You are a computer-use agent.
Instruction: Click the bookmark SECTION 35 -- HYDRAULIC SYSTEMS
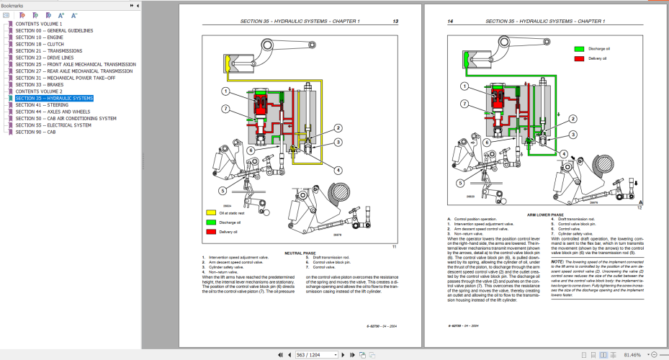coord(54,98)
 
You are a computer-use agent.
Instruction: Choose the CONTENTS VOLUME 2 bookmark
coord(39,91)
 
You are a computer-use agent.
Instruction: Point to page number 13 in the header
coord(395,22)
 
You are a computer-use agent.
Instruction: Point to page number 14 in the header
coord(450,22)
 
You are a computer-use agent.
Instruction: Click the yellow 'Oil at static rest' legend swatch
coord(212,213)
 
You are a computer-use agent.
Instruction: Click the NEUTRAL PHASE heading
coord(300,253)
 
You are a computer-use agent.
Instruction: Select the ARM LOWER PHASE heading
coord(544,215)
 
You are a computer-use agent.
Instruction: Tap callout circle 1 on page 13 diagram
coord(225,91)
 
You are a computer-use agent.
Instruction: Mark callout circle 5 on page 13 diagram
coord(223,190)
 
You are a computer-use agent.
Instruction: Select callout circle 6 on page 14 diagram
coord(487,143)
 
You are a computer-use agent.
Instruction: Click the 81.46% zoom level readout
coord(634,355)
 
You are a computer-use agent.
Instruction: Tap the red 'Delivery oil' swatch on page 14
coord(578,58)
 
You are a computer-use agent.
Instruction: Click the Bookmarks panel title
coord(12,5)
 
